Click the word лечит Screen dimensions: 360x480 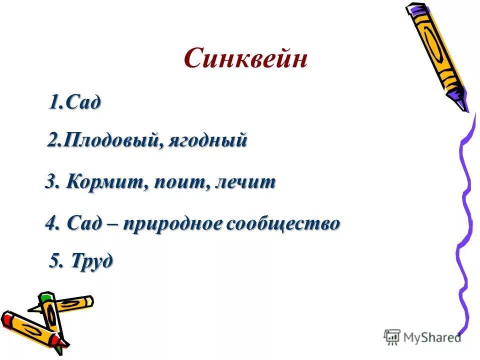[245, 182]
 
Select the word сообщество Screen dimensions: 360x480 [284, 223]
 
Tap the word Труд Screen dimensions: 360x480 [92, 260]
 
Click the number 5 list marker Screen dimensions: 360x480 [55, 260]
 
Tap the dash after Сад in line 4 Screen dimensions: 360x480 [108, 223]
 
